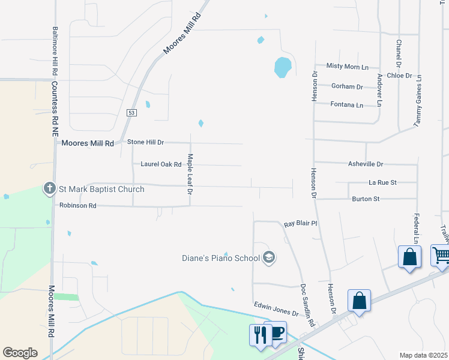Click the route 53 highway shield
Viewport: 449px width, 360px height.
click(132, 113)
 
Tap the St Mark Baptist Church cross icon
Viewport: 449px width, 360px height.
click(50, 189)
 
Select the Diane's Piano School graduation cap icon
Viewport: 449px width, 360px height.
click(269, 259)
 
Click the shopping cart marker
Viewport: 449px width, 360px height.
click(441, 256)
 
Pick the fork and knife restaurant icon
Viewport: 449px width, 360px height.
click(260, 335)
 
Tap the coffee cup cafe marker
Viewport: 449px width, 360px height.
click(277, 332)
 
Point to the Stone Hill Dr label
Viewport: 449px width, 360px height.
click(146, 142)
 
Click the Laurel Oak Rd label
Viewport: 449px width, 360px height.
click(161, 164)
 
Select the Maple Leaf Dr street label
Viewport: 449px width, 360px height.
click(190, 175)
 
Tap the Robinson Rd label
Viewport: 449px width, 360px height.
click(78, 205)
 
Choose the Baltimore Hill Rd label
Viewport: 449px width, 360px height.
click(55, 50)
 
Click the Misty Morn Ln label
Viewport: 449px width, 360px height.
click(347, 66)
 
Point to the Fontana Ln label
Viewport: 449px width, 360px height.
click(347, 104)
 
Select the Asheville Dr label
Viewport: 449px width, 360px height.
click(366, 164)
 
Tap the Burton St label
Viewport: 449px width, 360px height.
click(366, 199)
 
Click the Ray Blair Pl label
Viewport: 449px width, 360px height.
click(300, 223)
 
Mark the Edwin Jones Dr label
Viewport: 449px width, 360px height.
click(276, 308)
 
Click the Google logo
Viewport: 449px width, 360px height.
click(20, 353)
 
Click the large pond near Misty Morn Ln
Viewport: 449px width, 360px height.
click(283, 66)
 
